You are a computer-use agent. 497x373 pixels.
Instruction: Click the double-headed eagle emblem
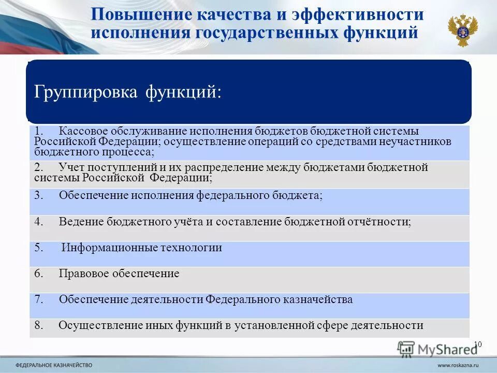point(462,30)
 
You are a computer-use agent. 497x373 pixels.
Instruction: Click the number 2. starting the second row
point(40,167)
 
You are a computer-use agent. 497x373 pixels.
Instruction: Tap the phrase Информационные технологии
point(142,248)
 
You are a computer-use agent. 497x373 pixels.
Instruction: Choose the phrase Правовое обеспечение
point(119,274)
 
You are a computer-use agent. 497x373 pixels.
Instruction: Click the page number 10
point(478,345)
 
